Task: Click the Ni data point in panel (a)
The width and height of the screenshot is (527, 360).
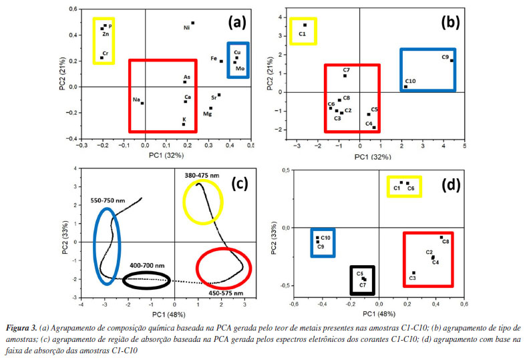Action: pyautogui.click(x=193, y=23)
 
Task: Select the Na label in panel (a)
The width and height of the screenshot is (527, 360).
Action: pyautogui.click(x=136, y=100)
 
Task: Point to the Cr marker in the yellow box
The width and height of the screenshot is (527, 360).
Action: pyautogui.click(x=102, y=58)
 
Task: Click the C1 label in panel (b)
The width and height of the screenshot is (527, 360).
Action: pyautogui.click(x=302, y=33)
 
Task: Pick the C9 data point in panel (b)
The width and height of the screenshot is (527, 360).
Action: pyautogui.click(x=452, y=61)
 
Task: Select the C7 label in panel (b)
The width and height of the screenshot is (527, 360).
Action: pyautogui.click(x=346, y=69)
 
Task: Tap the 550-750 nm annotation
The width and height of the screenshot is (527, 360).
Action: pyautogui.click(x=107, y=200)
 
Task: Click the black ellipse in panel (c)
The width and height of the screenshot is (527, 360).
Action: pyautogui.click(x=146, y=281)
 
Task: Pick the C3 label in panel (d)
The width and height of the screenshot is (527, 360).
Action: pyautogui.click(x=412, y=278)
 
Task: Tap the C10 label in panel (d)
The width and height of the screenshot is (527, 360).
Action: pyautogui.click(x=326, y=237)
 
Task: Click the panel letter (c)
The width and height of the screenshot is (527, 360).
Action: pyautogui.click(x=240, y=184)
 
